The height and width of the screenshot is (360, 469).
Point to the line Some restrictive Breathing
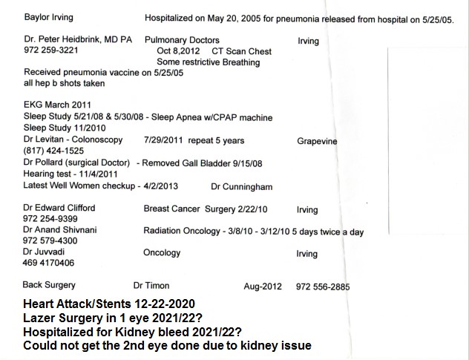pos(208,62)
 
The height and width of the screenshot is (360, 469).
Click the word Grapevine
pos(319,140)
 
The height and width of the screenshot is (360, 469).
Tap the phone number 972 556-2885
pos(322,287)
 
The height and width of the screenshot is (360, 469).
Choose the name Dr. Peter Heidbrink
pos(70,40)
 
